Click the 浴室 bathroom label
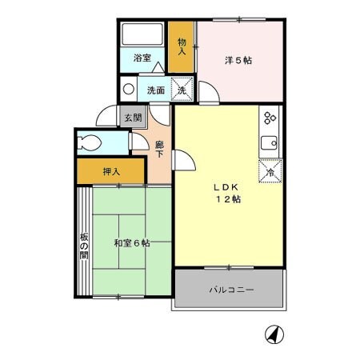[142, 58]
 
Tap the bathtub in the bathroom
[142, 35]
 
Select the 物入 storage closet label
[182, 46]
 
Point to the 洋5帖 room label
[238, 61]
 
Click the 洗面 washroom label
[156, 90]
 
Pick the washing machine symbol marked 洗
[182, 90]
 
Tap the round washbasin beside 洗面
[128, 89]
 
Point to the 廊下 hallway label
[159, 150]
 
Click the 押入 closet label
[111, 171]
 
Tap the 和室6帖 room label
[131, 243]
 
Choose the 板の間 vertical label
[83, 249]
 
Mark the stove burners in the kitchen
[270, 118]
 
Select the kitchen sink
[270, 144]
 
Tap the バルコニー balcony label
[231, 290]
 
